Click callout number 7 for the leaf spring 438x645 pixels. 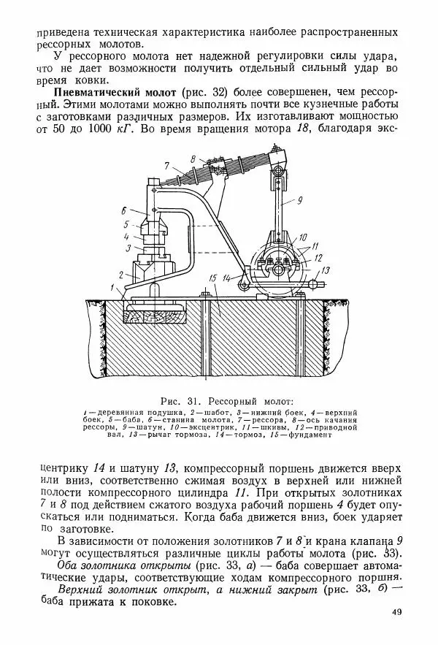166,165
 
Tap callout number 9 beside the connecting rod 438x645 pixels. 299,199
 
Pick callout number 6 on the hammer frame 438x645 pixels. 125,210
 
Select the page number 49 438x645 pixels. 396,612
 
